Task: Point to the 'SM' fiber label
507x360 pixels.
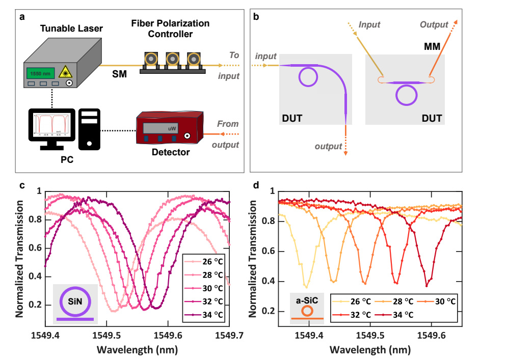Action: tap(121, 75)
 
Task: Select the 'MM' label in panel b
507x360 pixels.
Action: tap(433, 46)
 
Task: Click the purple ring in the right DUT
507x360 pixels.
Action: tap(406, 95)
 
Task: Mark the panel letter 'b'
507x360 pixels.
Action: tap(255, 17)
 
